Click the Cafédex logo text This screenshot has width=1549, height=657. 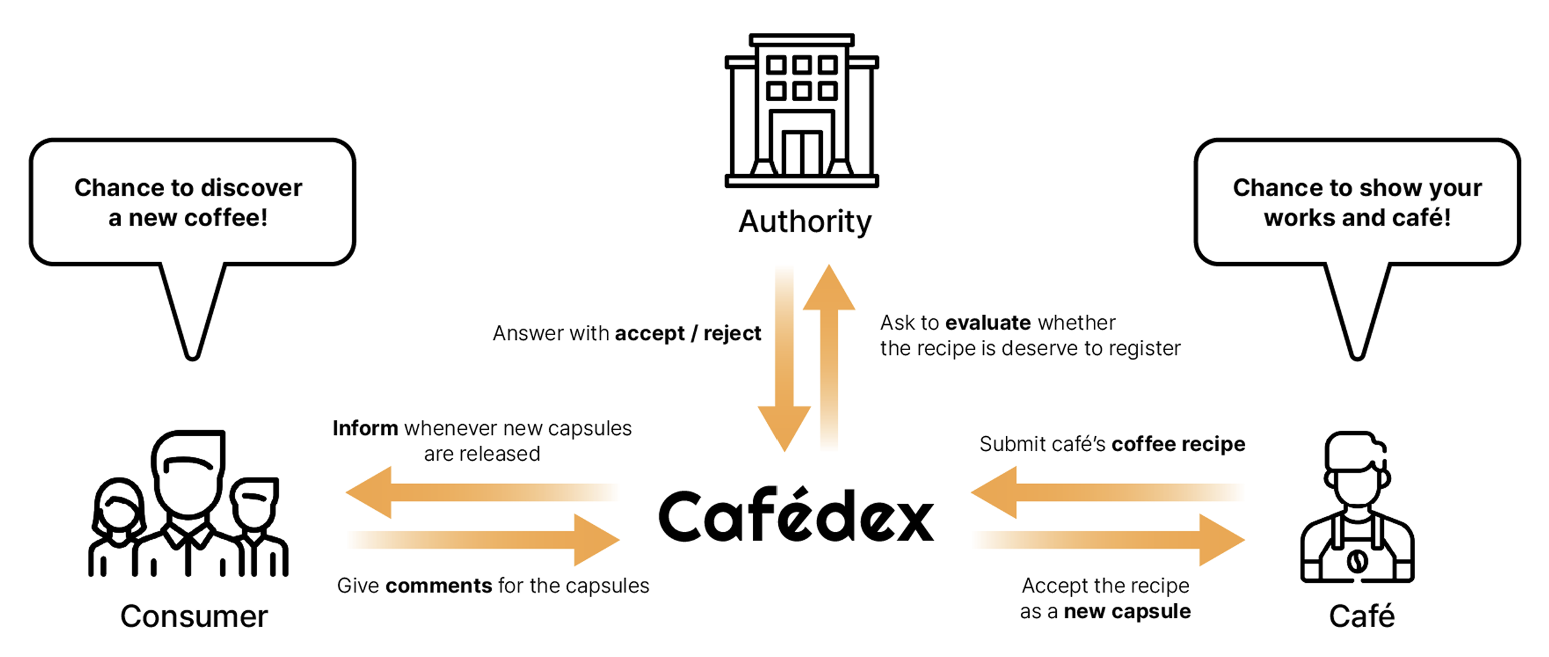(x=796, y=516)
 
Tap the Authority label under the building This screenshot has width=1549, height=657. (x=804, y=222)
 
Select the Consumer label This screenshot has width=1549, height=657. (x=194, y=617)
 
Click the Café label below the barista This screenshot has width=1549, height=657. (x=1361, y=617)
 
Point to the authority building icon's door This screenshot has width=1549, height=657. (x=802, y=152)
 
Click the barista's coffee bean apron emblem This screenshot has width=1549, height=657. (x=1356, y=561)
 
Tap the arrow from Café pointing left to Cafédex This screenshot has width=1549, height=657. (x=1106, y=492)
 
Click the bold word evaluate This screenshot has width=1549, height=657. (x=988, y=323)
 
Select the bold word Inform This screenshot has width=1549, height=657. (x=365, y=428)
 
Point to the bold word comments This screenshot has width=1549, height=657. (x=438, y=586)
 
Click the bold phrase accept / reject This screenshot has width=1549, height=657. (x=688, y=333)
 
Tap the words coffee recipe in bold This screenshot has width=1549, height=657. (x=1178, y=444)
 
